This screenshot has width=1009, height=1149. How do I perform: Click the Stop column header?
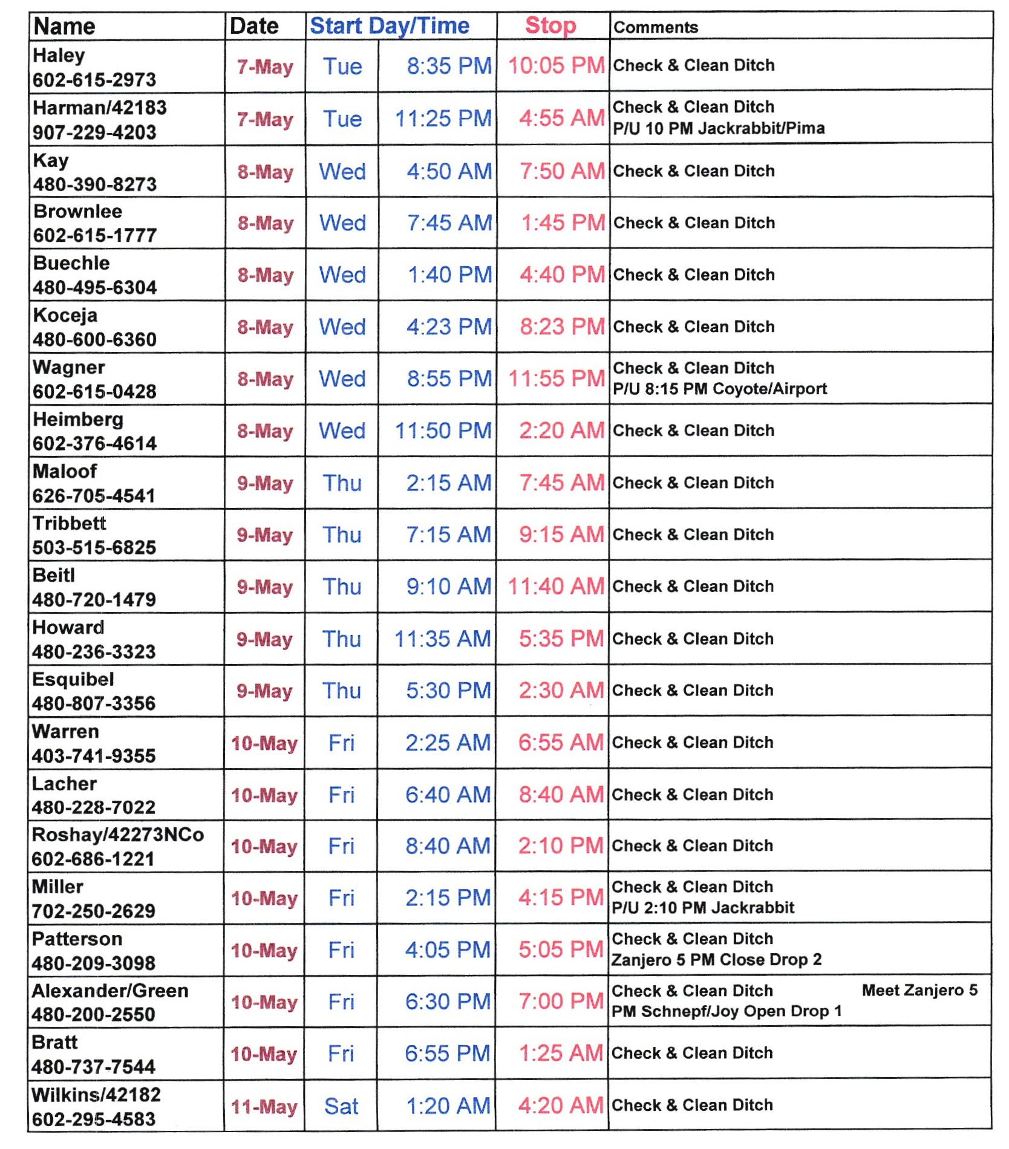point(550,26)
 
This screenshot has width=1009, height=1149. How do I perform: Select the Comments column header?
point(656,27)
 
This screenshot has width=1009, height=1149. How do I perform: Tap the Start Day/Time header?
point(390,26)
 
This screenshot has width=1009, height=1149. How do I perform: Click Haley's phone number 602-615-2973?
point(94,80)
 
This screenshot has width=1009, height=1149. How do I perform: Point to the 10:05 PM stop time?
point(556,65)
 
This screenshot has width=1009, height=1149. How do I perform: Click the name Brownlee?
point(77,211)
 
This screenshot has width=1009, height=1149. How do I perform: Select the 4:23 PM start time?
point(449,327)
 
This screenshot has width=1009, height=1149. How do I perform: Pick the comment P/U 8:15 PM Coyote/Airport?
point(719,389)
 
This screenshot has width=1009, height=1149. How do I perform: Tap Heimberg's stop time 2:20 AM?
point(561,431)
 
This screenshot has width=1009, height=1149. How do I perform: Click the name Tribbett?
point(69,523)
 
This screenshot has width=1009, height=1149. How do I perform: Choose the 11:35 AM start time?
point(442,639)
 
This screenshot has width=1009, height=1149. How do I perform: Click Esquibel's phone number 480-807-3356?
point(94,703)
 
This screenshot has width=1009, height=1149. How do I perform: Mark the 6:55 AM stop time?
point(561,743)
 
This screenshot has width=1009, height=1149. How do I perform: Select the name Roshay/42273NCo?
point(118,835)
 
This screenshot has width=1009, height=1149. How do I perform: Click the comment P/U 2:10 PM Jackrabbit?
point(703,908)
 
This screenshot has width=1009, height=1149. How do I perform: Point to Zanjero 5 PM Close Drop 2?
point(716,960)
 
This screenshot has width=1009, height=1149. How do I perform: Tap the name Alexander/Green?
point(110,991)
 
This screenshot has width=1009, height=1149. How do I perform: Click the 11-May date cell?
point(264,1107)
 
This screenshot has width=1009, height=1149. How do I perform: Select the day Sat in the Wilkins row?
point(341,1107)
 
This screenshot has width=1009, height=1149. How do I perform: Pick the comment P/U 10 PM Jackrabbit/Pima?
point(719,128)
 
